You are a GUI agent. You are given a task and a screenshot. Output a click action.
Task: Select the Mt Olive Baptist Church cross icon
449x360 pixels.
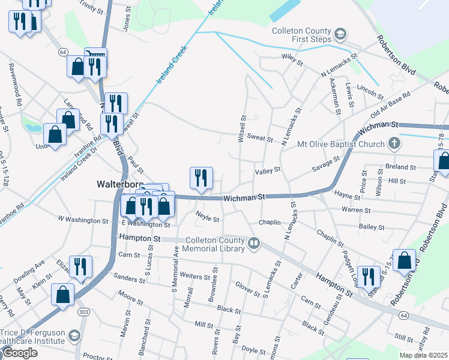click(394, 143)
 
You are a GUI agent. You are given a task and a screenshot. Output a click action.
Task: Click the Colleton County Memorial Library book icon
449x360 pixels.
click(254, 243)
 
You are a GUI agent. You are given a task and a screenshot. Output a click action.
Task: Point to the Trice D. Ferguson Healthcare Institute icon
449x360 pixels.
click(74, 335)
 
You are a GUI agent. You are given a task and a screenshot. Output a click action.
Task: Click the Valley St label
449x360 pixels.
click(268, 171)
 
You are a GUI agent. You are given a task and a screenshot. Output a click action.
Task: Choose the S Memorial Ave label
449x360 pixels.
click(175, 270)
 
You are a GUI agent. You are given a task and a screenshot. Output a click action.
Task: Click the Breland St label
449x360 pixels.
click(401, 167)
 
